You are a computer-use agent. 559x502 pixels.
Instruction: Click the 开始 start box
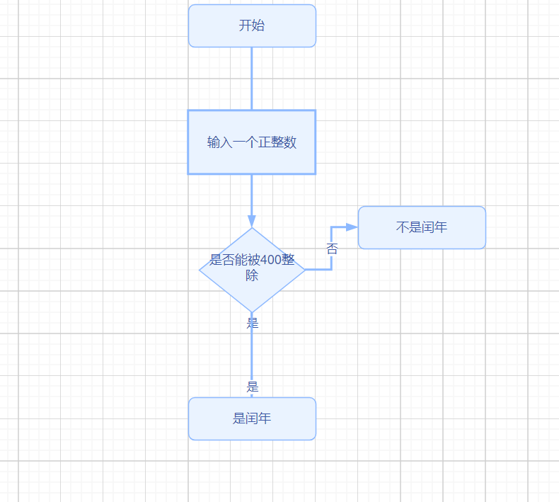tap(252, 26)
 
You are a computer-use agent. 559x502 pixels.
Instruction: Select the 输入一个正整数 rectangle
tap(251, 142)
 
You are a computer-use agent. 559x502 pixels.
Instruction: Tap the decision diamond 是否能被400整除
tap(252, 269)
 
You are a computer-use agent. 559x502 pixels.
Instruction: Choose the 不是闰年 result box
tap(422, 228)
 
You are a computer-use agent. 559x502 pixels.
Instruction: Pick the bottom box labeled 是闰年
tap(252, 418)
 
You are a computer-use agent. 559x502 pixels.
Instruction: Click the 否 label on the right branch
tap(332, 249)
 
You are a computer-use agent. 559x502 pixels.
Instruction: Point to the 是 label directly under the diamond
tap(253, 324)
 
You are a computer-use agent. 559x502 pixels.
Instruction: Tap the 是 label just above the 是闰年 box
tap(253, 387)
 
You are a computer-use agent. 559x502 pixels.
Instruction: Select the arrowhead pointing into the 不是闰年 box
tap(352, 227)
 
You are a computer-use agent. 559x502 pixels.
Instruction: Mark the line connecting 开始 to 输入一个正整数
tap(252, 78)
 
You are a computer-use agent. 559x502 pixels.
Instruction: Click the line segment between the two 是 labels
tap(252, 354)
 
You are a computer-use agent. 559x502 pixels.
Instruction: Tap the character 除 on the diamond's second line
tap(252, 276)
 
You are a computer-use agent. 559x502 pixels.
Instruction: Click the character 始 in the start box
tap(258, 26)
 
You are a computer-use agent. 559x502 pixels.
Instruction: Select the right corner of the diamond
tap(304, 270)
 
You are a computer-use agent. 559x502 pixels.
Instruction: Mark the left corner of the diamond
tap(200, 270)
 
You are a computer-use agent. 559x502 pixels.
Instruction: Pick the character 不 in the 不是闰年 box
tap(402, 228)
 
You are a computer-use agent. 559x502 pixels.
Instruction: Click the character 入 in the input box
tap(226, 142)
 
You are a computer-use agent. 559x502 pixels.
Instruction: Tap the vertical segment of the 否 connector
tap(331, 241)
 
